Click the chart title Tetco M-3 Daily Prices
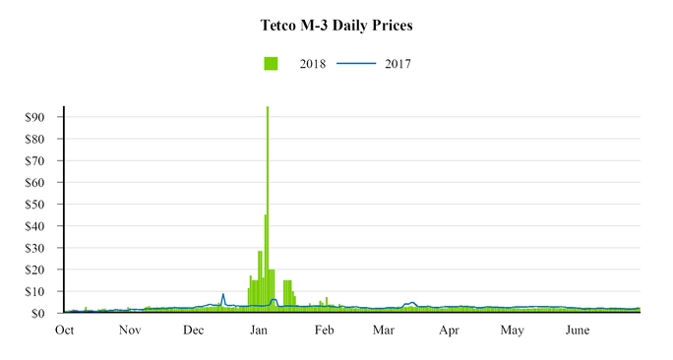pos(336,24)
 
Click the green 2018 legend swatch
pos(271,64)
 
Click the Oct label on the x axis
pos(65,330)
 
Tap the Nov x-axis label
pos(130,330)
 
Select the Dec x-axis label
pos(194,330)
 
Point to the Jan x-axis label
pos(259,330)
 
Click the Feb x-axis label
pos(324,330)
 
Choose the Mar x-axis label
pos(384,330)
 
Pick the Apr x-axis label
pos(449,330)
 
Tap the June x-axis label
pos(579,330)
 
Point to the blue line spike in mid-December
pos(223,295)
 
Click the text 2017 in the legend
pos(397,64)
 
